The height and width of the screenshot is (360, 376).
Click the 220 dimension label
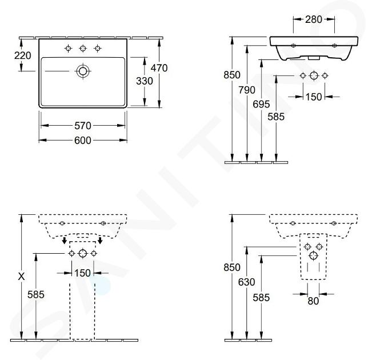[x=22, y=55]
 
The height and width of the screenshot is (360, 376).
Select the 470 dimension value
[x=159, y=68]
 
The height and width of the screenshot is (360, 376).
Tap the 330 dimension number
[x=145, y=81]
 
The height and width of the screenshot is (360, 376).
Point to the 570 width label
[x=83, y=126]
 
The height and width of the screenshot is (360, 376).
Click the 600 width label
[x=83, y=141]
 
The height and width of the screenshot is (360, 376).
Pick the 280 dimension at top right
[x=313, y=19]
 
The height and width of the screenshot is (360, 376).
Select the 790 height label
[x=247, y=90]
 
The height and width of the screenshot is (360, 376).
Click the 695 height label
[x=261, y=105]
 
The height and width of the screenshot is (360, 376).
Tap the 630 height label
[x=246, y=282]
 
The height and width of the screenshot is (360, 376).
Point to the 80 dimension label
[x=313, y=301]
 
